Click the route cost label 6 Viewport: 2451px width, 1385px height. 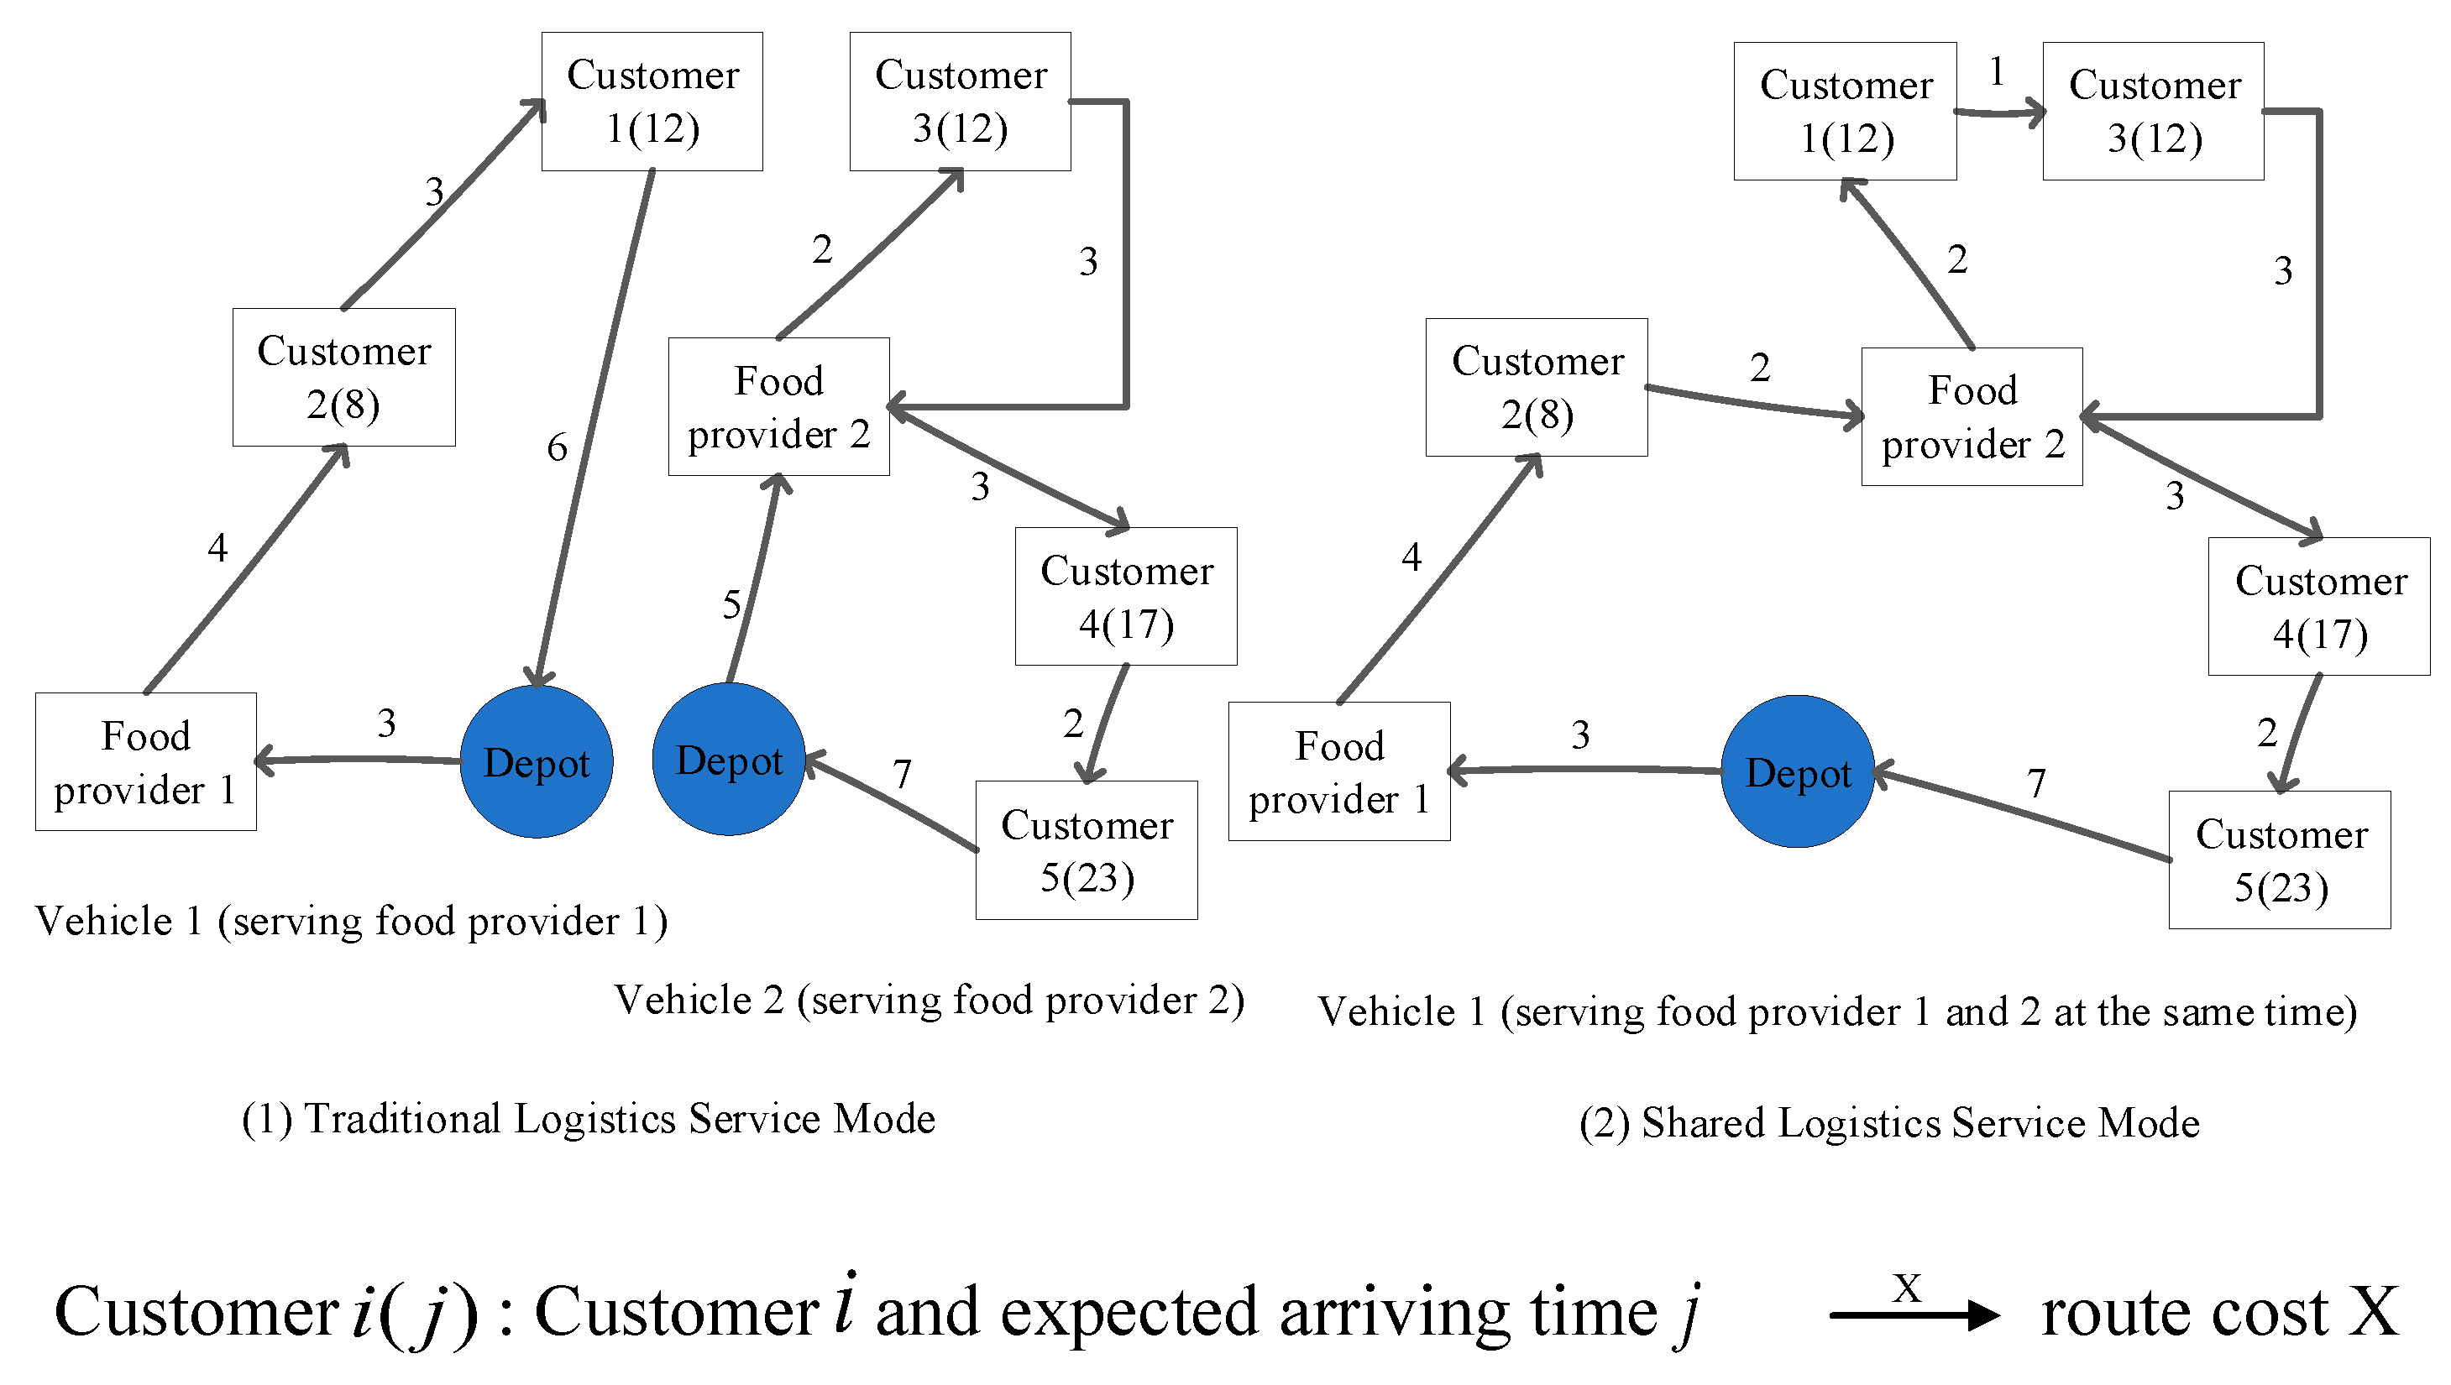[x=557, y=448]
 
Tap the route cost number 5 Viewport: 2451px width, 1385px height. [x=731, y=605]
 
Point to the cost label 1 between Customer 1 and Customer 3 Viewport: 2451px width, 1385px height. [x=1996, y=71]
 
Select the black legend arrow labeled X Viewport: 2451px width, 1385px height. [x=1913, y=1315]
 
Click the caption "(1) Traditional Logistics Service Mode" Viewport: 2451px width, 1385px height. [x=588, y=1119]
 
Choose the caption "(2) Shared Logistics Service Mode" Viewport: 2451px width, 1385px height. [x=1888, y=1123]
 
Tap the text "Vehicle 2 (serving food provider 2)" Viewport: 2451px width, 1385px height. [x=929, y=1001]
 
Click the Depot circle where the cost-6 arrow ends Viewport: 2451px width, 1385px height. [x=537, y=762]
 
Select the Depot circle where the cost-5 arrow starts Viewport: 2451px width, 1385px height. [x=729, y=760]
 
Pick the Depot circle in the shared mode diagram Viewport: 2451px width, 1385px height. [x=1798, y=771]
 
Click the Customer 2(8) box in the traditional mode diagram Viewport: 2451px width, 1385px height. [x=343, y=378]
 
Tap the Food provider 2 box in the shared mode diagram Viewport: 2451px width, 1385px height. [x=1972, y=416]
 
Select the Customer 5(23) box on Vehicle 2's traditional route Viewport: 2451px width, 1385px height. [x=1086, y=850]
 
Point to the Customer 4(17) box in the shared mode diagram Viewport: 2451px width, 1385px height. [x=2318, y=607]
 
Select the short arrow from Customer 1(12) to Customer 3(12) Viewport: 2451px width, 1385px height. [x=1998, y=113]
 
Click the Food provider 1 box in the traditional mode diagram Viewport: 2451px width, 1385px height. [x=145, y=762]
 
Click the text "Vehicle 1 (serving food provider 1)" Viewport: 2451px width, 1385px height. [x=351, y=922]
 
